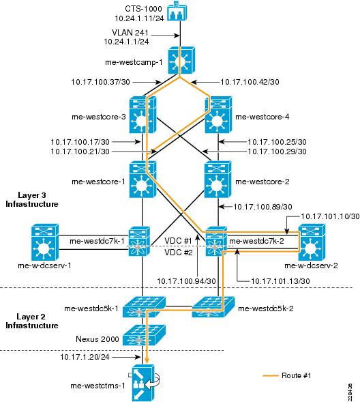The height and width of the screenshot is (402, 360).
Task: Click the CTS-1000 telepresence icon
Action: (177, 12)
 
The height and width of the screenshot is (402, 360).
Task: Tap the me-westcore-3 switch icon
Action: (142, 115)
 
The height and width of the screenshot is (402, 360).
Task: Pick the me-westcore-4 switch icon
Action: (218, 115)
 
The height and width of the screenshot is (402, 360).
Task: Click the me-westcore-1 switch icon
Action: (142, 180)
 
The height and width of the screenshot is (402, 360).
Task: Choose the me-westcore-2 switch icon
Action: (217, 180)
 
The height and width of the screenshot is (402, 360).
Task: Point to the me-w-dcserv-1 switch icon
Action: (45, 242)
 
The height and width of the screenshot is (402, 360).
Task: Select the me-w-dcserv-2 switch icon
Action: (312, 242)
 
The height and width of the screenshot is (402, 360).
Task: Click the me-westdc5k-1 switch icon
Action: (144, 307)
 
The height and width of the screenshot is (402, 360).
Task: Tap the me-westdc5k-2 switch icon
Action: (213, 307)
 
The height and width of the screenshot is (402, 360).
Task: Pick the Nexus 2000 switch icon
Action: (144, 335)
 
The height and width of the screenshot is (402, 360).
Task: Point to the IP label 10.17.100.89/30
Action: (262, 207)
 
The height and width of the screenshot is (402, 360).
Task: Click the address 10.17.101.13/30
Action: (280, 281)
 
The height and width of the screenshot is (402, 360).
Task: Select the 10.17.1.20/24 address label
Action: (85, 357)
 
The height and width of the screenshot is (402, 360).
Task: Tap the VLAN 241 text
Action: (130, 33)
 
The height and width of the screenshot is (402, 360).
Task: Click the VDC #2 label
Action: (178, 253)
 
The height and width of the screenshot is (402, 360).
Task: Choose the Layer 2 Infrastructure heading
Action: (32, 321)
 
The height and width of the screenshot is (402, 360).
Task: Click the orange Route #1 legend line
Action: (271, 375)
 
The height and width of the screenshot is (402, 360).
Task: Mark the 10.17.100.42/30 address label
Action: (250, 82)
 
